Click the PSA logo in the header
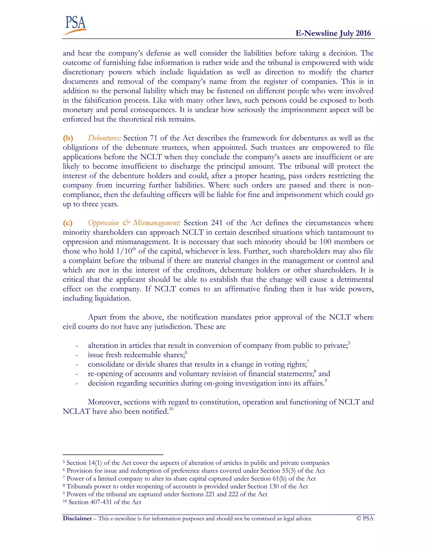tap(75, 25)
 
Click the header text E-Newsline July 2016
tap(333, 33)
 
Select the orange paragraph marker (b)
tap(68, 138)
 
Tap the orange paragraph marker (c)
tap(68, 223)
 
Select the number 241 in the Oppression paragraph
tap(217, 223)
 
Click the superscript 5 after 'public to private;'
tap(349, 343)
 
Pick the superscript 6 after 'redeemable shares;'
tap(186, 352)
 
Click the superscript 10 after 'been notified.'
tap(171, 409)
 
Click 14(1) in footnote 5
tap(95, 463)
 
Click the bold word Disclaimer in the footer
tap(77, 518)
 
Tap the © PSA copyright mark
tap(365, 518)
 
